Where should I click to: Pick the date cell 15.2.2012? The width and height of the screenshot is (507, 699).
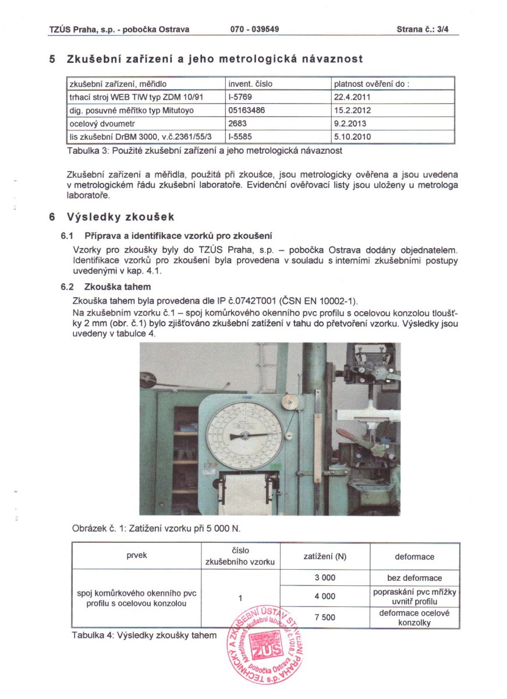[x=352, y=110]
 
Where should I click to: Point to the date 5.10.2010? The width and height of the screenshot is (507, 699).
[x=352, y=137]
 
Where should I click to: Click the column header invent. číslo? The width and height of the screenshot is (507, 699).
[x=250, y=84]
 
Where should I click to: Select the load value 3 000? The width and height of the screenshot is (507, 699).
[x=325, y=578]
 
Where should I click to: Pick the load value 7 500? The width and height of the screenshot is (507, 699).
[x=325, y=617]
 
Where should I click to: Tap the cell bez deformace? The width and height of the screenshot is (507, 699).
[x=414, y=578]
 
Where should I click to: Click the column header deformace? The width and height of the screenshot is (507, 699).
[x=414, y=556]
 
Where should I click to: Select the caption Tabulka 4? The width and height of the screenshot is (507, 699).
[x=143, y=635]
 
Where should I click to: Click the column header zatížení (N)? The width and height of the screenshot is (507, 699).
[x=325, y=556]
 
